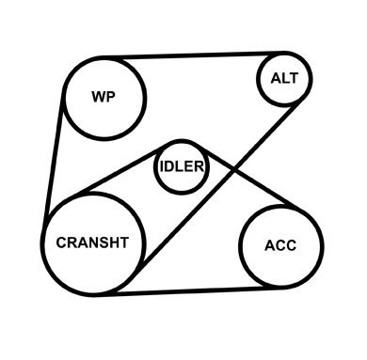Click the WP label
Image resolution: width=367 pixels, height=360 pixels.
pos(104,97)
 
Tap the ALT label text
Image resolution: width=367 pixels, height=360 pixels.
pos(284,78)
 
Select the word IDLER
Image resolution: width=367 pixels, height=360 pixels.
pos(182,166)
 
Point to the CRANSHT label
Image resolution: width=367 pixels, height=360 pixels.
pos(92,243)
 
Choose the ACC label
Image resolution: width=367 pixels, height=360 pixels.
pos(280,245)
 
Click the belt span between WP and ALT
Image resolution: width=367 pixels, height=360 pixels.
pos(194,55)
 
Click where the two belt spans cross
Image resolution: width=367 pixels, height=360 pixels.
pos(233,169)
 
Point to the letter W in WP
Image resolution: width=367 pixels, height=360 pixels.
pos(99,97)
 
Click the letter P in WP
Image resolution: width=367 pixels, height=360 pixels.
pos(111,97)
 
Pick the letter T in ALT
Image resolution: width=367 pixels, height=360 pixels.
pos(293,78)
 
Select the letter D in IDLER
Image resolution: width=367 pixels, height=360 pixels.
pos(168,166)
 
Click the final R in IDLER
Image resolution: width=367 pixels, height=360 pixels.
pos(199,166)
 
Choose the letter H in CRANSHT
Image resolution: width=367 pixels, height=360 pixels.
pos(115,243)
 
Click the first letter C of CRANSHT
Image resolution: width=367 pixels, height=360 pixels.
pos(61,243)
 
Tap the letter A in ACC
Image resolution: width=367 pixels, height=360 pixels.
pos(270,245)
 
